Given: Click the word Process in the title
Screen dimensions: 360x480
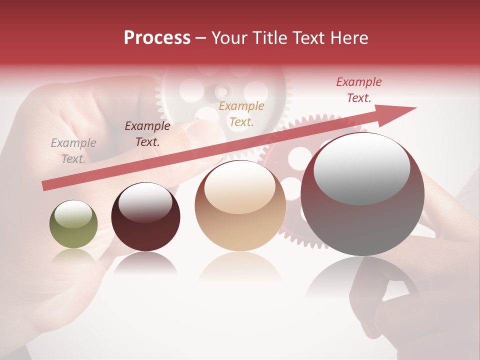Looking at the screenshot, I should tap(157, 38).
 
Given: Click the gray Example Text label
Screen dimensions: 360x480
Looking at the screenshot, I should tap(73, 151).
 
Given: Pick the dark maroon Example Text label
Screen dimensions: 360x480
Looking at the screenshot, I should tap(147, 133).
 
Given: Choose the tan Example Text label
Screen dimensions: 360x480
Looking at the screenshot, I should tap(241, 113).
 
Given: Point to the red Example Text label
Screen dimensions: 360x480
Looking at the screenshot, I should tap(359, 90).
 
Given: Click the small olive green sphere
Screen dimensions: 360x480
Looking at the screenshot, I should tap(73, 224).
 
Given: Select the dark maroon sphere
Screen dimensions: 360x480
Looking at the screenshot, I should tap(145, 217).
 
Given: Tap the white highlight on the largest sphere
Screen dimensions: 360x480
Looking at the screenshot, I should tap(361, 167).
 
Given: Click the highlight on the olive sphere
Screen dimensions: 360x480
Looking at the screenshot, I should tap(73, 214).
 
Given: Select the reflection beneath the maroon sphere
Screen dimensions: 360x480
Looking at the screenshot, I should tap(145, 263).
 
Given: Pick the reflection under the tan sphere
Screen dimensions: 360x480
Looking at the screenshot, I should tap(240, 267).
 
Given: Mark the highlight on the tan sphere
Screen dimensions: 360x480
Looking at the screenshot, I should tap(239, 187).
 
